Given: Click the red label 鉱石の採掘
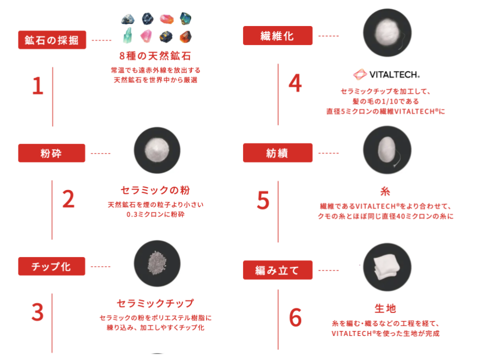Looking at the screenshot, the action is (52, 40).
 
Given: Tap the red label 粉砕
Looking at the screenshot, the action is (51, 153).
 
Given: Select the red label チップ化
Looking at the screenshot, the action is (51, 266).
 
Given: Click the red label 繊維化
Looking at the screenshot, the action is (277, 35).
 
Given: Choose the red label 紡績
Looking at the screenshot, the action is (277, 153).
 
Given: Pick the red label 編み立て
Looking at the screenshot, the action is (277, 270).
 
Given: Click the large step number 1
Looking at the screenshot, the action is (38, 85).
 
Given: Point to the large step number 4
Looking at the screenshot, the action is (295, 83).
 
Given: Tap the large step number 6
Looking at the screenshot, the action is (295, 317).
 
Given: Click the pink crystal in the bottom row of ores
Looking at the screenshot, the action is (146, 36).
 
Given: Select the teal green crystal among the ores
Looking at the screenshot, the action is (127, 35).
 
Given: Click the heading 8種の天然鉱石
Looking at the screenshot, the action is (155, 56).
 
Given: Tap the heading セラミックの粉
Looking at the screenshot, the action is (155, 190).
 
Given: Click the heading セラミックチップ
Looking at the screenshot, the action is (155, 303).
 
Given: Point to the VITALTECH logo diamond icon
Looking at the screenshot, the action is (360, 74).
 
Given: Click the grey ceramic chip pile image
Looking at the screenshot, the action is (157, 263).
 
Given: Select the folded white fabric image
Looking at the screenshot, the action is (387, 267).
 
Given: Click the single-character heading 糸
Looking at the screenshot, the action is (385, 191).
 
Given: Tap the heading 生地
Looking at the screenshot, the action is (385, 308).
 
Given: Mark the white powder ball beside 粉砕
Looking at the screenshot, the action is (157, 150).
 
